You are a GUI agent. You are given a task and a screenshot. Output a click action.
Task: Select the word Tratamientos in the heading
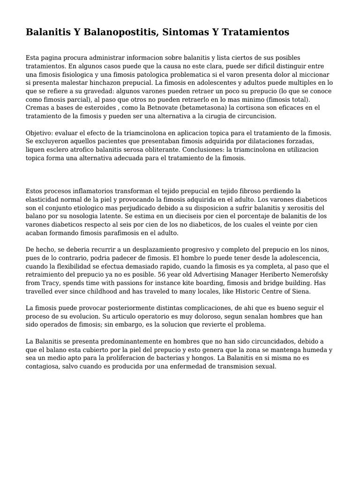click(x=255, y=32)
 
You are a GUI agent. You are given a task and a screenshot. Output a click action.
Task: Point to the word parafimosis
click(x=124, y=233)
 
